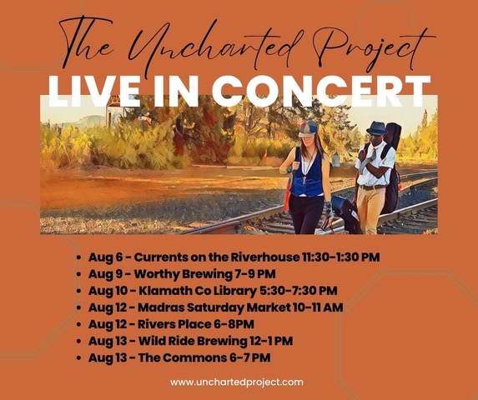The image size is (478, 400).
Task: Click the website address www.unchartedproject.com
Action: (x=237, y=382)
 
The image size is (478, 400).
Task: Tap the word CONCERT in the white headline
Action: (x=321, y=92)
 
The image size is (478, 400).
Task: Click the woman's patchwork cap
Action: (x=308, y=128)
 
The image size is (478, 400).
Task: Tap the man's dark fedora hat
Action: (x=377, y=127)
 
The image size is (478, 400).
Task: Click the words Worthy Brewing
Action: (x=184, y=274)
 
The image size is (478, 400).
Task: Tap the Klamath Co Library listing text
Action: (x=198, y=291)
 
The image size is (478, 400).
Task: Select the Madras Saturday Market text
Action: (x=214, y=307)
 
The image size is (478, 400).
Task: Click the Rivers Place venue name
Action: (x=174, y=324)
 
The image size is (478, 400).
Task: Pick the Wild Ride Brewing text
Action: (x=193, y=341)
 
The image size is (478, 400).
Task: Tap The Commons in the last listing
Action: (x=183, y=357)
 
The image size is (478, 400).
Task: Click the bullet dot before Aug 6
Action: (x=79, y=257)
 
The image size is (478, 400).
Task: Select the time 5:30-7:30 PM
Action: (x=299, y=291)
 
